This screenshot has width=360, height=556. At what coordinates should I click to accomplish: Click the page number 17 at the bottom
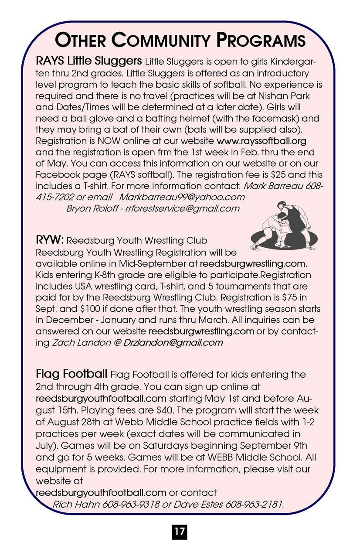click(x=179, y=532)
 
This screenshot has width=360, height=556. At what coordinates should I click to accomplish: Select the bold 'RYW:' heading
click(x=50, y=240)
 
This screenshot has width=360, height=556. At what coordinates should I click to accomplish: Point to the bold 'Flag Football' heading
click(x=71, y=374)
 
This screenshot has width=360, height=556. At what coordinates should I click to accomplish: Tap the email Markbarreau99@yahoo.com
click(x=182, y=197)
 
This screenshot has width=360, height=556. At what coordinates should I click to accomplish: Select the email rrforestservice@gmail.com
click(x=182, y=208)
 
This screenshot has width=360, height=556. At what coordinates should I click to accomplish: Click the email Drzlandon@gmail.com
click(x=173, y=343)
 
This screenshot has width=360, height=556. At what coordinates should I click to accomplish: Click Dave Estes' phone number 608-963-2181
click(x=253, y=505)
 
